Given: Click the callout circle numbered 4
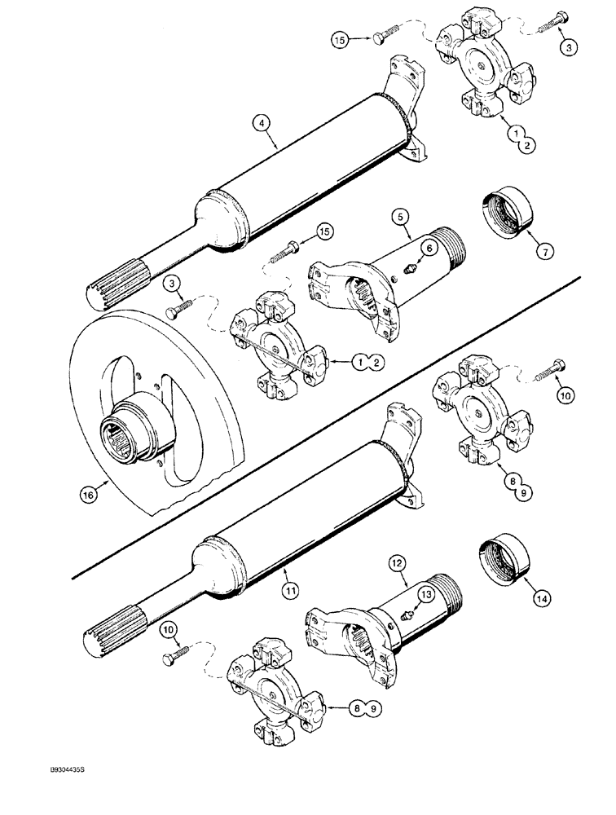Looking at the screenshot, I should coord(262,123).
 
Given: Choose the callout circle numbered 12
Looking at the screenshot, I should coord(398,562).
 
